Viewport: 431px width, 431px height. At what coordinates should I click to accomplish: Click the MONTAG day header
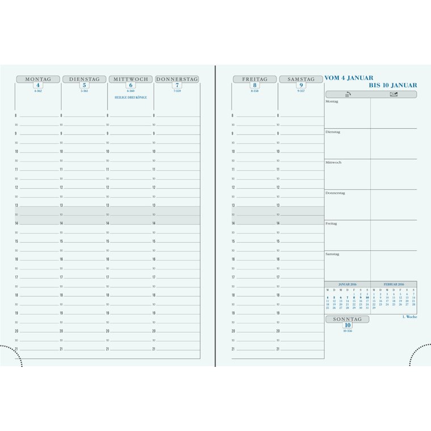pos(38,79)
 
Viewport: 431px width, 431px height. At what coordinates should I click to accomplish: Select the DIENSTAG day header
pos(84,79)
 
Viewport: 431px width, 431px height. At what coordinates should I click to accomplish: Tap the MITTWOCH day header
pos(130,79)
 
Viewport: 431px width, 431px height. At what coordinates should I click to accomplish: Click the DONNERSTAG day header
pos(177,79)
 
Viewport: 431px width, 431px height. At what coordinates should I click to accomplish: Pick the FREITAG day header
pos(255,79)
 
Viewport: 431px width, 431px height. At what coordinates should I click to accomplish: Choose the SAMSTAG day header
pos(301,79)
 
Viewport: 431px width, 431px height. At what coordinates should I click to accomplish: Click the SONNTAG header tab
pos(347,319)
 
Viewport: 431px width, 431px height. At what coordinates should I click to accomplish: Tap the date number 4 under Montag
pos(38,86)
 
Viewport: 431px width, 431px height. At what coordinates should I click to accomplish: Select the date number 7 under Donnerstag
pos(177,86)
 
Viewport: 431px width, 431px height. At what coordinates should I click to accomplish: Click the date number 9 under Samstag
pos(301,86)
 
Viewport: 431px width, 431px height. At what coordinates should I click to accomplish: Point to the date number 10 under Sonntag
pos(347,326)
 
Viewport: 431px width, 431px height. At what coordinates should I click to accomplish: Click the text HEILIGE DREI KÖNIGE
pos(130,98)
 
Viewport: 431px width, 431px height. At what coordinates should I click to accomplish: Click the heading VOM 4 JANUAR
pos(349,78)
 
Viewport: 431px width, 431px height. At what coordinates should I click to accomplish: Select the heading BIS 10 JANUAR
pos(393,85)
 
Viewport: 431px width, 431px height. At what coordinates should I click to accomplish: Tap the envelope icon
pos(394,94)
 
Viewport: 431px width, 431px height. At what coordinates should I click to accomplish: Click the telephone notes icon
pos(348,94)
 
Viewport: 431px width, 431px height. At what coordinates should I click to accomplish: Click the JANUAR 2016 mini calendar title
pos(347,284)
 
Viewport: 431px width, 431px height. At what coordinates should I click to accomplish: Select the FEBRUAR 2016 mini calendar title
pos(394,284)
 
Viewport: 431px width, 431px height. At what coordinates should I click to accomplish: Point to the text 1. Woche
pos(409,317)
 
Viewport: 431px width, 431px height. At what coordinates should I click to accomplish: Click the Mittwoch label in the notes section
pos(333,163)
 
